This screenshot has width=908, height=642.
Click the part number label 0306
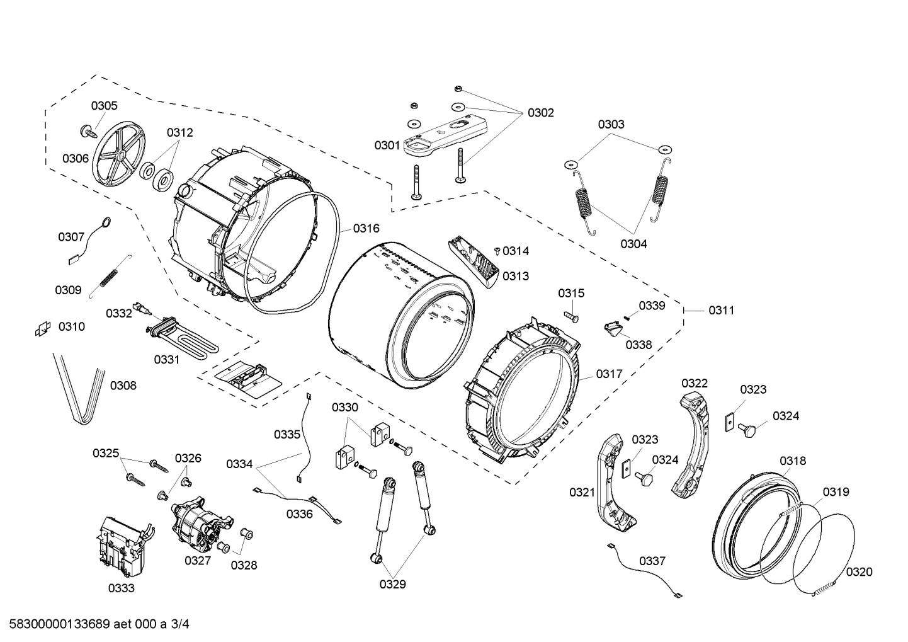75,159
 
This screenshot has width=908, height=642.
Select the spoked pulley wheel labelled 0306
118,155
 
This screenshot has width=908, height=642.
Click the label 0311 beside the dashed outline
721,310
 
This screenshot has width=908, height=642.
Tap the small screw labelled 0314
497,251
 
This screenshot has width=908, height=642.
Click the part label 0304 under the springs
633,244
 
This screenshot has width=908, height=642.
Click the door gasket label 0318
792,461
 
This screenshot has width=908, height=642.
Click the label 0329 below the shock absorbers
392,584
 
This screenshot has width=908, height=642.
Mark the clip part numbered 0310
42,328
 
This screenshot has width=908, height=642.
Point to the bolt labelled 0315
571,313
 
